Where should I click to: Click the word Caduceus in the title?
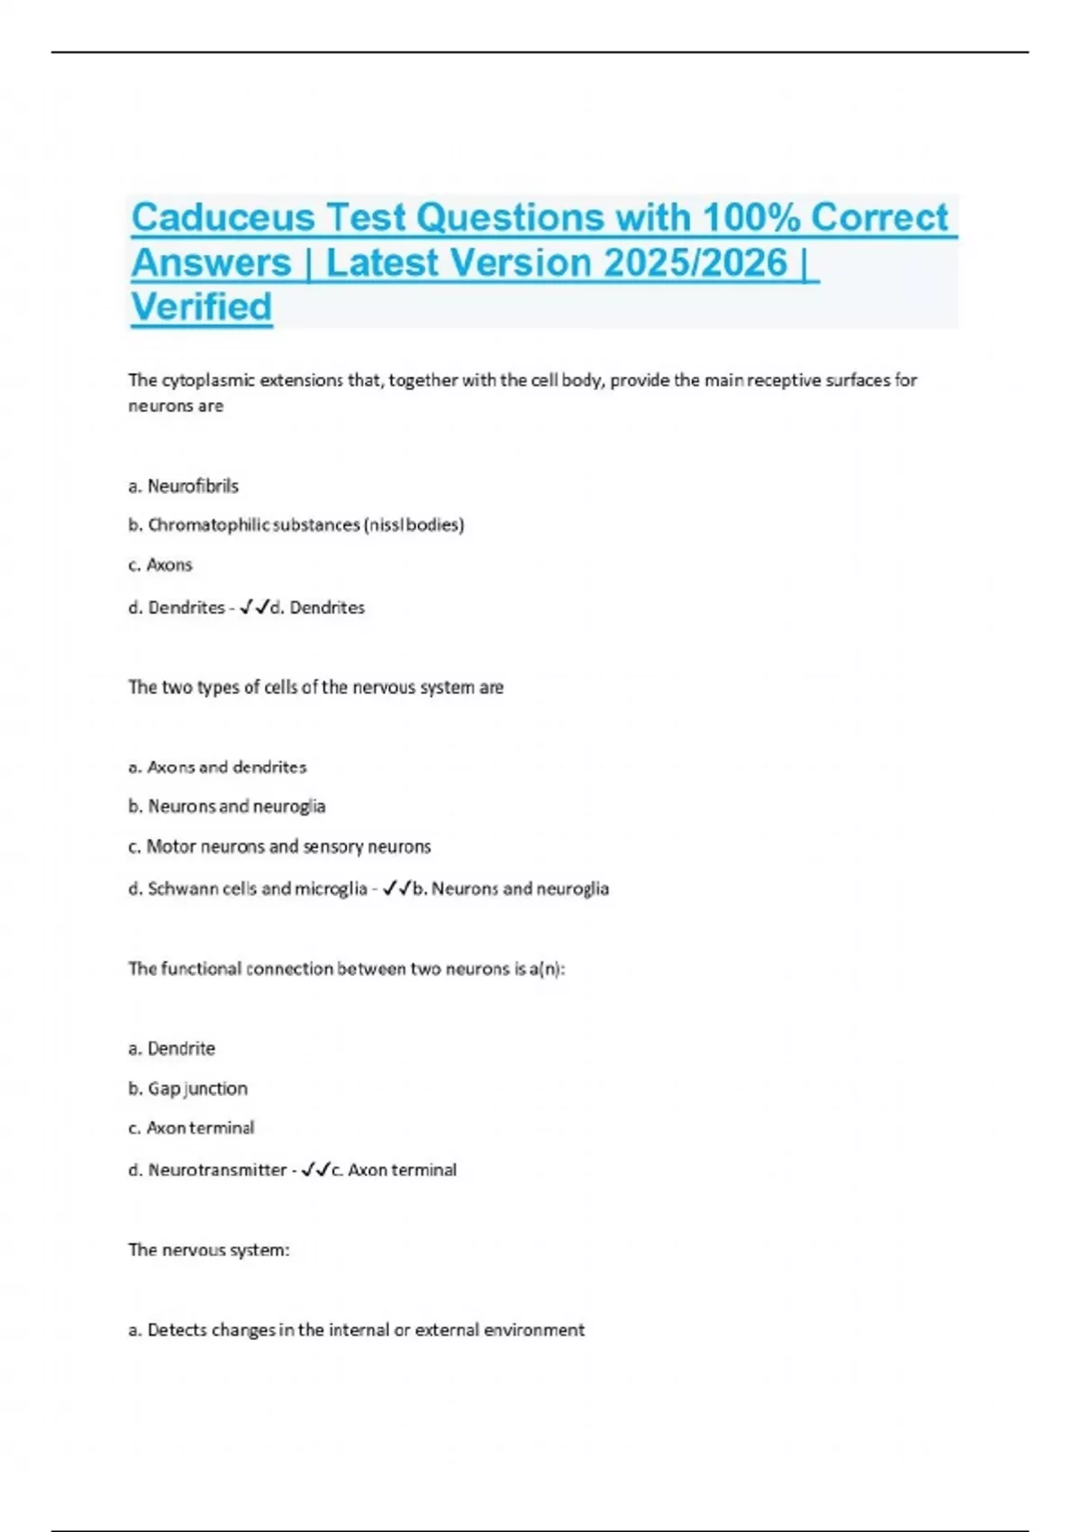click(223, 218)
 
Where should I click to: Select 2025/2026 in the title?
click(695, 263)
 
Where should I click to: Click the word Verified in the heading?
click(202, 307)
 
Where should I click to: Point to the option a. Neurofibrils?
click(184, 486)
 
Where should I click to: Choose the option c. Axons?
click(160, 565)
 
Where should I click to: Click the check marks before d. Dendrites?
click(255, 607)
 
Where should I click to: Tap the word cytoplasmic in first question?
click(206, 380)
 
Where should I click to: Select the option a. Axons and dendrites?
click(217, 767)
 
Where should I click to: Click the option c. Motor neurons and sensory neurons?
click(279, 846)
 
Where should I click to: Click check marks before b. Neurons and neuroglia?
click(397, 889)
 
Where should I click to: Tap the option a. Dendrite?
click(172, 1048)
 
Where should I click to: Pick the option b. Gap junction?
click(187, 1088)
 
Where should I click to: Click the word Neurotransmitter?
click(217, 1170)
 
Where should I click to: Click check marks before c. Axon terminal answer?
click(316, 1170)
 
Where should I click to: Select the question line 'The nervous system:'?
click(209, 1250)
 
